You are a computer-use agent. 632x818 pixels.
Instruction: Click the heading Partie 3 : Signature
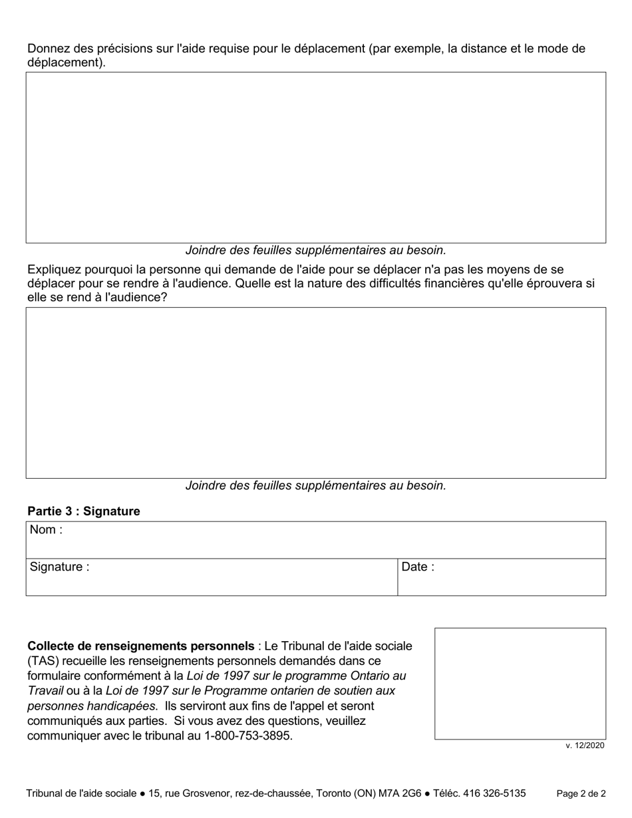point(84,511)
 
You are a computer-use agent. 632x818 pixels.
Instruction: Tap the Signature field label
point(59,567)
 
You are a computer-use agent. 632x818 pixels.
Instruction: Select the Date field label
point(418,567)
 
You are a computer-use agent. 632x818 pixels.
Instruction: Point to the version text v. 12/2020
point(585,746)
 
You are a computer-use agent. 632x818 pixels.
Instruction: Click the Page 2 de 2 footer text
point(581,793)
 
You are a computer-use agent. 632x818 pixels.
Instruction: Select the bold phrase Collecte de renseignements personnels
point(140,646)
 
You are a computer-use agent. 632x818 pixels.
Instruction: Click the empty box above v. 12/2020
point(520,683)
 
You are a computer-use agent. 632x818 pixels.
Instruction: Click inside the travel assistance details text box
point(315,157)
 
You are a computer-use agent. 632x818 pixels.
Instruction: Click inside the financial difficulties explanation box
point(315,392)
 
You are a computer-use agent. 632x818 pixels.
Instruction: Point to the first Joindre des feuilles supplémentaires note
point(315,251)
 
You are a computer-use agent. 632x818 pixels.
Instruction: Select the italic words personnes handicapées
point(91,706)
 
